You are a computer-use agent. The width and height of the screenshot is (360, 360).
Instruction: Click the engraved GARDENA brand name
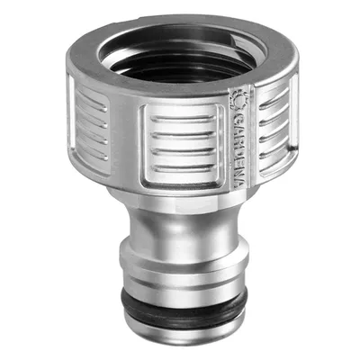[x=239, y=149]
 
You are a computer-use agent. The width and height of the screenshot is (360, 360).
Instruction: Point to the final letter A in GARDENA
[x=240, y=182]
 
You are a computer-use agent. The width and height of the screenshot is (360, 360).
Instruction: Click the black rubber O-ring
[x=184, y=303]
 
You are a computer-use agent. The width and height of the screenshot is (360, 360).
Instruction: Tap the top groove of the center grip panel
[x=183, y=120]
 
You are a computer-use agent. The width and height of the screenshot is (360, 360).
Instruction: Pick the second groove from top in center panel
[x=184, y=136]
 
